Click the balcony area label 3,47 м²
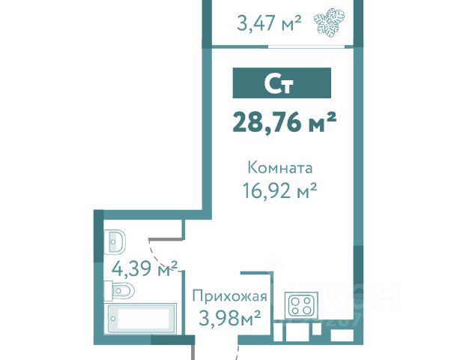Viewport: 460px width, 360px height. (269, 23)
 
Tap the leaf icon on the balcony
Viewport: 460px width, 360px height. (329, 23)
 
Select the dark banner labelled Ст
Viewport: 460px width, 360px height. (282, 83)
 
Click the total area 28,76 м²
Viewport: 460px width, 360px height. (284, 123)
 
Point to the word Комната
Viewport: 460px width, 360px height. (280, 168)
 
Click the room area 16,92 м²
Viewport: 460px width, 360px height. (280, 190)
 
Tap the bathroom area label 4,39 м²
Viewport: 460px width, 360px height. (145, 268)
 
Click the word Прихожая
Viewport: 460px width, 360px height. (230, 297)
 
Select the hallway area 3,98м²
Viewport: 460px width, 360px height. (229, 318)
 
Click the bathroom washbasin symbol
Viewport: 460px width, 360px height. (115, 242)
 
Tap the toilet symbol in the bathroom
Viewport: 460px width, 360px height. (119, 291)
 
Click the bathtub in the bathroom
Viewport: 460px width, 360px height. (141, 319)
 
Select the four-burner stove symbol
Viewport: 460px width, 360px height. (301, 306)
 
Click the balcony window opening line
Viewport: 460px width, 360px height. (306, 46)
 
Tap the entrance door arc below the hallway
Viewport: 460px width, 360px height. (237, 352)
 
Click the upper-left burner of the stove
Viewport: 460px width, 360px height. (295, 301)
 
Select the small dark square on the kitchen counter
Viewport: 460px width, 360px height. (317, 328)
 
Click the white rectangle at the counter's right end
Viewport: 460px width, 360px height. (342, 334)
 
